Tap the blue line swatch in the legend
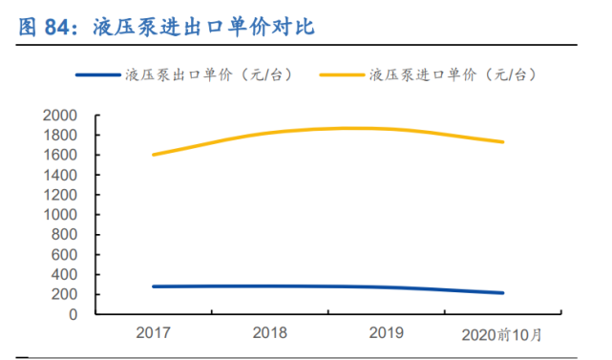tap(98, 74)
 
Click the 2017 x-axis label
tap(153, 333)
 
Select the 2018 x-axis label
tap(269, 333)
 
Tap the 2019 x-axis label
tap(386, 333)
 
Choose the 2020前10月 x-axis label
tap(500, 334)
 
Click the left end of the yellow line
tap(154, 154)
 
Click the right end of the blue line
tap(503, 292)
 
